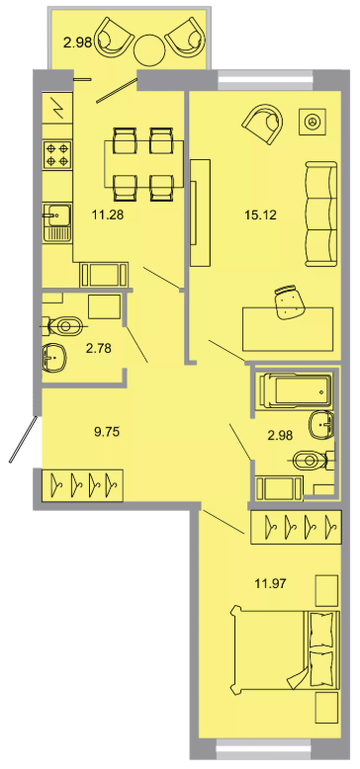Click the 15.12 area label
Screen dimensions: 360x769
click(260, 214)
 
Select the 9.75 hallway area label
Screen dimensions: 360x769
click(107, 432)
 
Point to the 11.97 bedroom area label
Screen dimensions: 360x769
click(270, 583)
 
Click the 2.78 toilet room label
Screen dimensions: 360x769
click(98, 349)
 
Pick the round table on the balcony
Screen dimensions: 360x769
click(149, 49)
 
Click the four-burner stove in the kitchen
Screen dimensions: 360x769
click(57, 154)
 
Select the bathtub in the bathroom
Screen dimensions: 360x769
click(294, 389)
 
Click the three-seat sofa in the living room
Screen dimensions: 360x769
click(321, 214)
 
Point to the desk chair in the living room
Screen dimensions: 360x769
click(291, 303)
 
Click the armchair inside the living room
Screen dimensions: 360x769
click(263, 123)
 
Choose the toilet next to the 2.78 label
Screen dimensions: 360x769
click(62, 324)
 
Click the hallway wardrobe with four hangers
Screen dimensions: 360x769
click(82, 485)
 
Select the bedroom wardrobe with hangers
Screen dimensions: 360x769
click(296, 527)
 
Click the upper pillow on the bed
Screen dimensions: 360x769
click(323, 629)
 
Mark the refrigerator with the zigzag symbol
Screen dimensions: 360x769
click(57, 108)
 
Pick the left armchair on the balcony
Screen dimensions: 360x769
click(114, 38)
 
